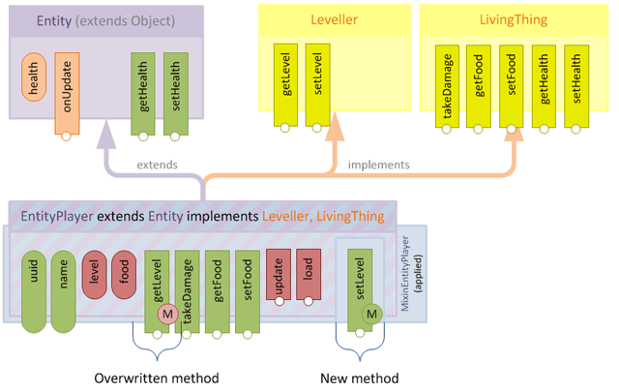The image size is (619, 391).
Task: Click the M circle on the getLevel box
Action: (x=166, y=315)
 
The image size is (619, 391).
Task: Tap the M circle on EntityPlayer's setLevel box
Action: (x=371, y=315)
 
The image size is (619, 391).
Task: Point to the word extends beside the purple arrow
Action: (x=157, y=165)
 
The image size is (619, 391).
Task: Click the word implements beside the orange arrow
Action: (x=378, y=165)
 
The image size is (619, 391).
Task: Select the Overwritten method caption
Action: (x=157, y=377)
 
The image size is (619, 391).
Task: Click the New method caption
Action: (x=359, y=377)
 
